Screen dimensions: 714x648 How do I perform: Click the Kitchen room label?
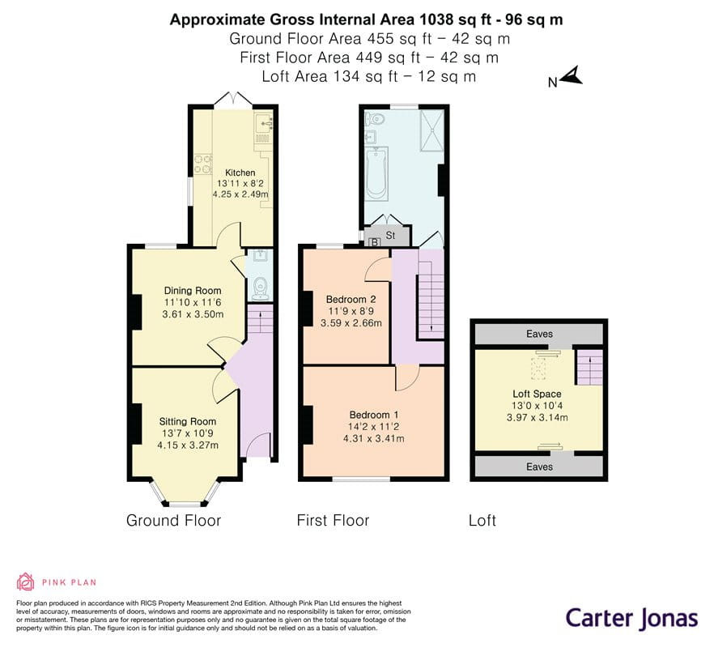[240, 173]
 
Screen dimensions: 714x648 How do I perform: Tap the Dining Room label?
[193, 291]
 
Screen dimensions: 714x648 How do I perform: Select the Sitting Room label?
[188, 421]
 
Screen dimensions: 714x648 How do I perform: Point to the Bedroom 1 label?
[374, 415]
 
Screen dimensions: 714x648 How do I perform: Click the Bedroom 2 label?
[351, 300]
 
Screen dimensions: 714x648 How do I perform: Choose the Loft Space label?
[537, 394]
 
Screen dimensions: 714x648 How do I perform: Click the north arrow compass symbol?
[572, 76]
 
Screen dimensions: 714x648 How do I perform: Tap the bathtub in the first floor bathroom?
[376, 173]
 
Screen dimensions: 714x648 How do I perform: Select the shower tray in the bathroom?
[431, 130]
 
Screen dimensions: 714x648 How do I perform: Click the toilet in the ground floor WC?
[260, 288]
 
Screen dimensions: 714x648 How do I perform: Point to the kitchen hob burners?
[203, 164]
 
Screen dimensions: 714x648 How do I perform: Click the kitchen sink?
[264, 123]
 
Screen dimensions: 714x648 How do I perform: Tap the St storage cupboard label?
[390, 236]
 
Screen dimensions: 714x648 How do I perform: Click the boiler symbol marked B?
[375, 242]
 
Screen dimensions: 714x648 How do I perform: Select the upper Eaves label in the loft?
[539, 334]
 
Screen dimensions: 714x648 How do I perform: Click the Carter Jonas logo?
[631, 619]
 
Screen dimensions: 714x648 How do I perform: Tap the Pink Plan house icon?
[26, 582]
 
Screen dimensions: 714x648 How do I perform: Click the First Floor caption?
[333, 520]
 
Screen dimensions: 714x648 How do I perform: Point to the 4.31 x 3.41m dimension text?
[374, 438]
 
